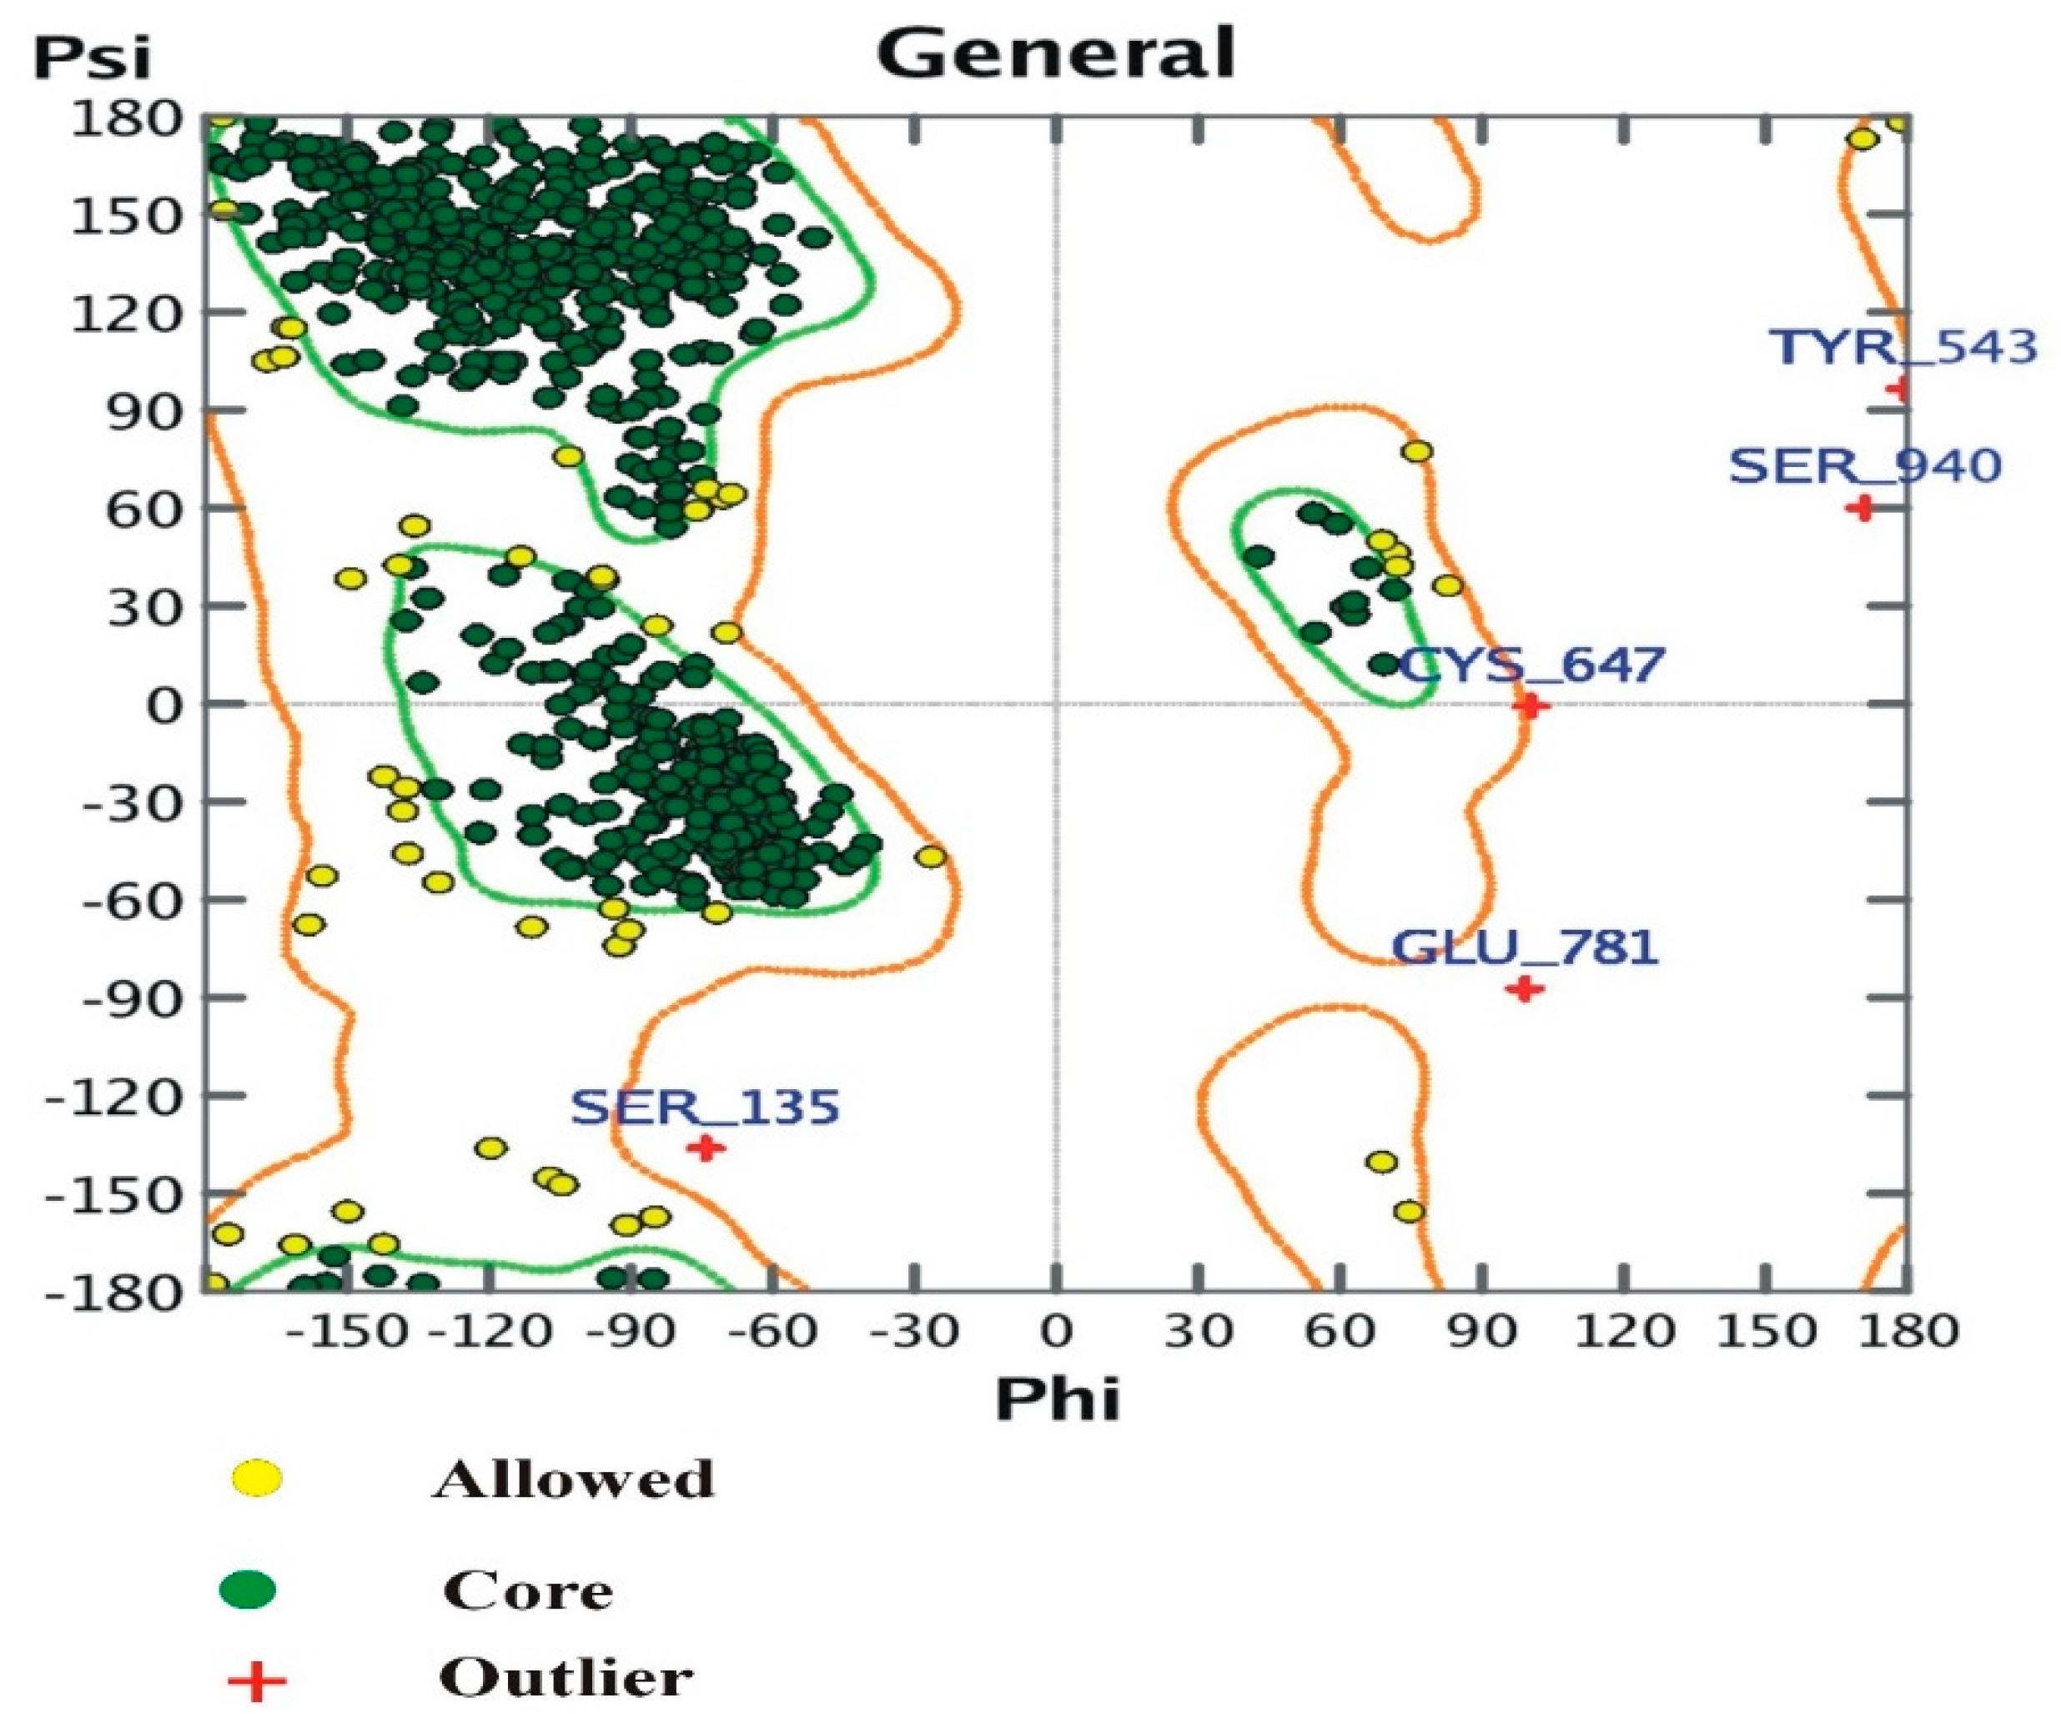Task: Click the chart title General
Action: point(1056,53)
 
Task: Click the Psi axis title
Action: point(93,59)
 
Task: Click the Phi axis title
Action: point(1057,1400)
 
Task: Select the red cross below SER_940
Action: point(1861,508)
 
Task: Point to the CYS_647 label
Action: point(1530,666)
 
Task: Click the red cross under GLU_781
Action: point(1524,988)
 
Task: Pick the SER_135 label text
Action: point(706,1108)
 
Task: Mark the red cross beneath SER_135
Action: point(706,1148)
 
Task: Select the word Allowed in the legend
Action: point(573,1479)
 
